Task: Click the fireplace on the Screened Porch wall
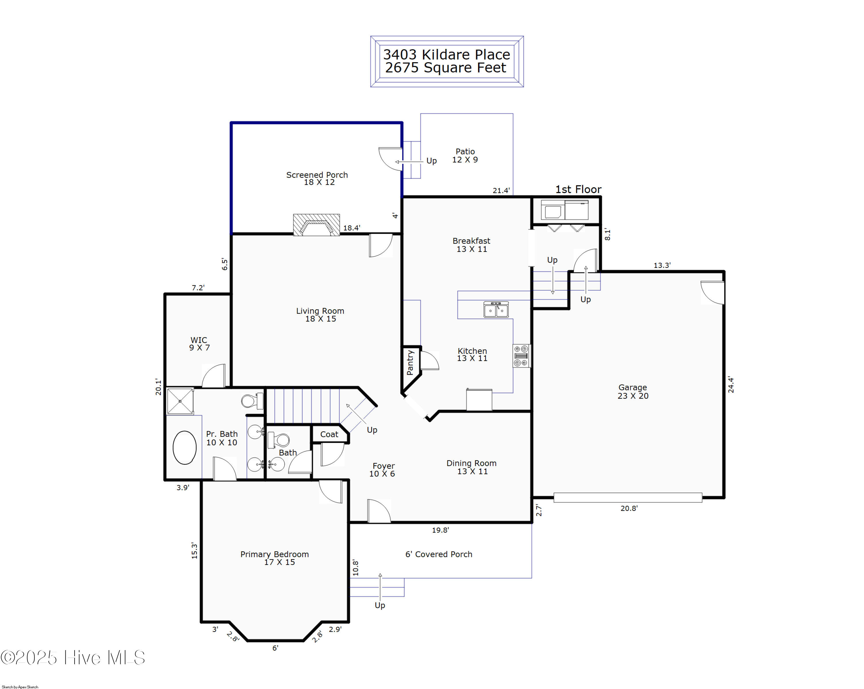316,225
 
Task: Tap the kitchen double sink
496,310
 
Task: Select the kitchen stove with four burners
521,356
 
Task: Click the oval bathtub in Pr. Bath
184,447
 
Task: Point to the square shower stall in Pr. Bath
180,401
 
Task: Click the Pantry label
410,362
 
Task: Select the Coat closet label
329,434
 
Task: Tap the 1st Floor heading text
578,189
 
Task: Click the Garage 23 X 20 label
633,391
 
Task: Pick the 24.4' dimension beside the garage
731,385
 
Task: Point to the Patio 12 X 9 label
465,155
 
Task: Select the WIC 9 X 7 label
199,344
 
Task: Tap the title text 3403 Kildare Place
447,54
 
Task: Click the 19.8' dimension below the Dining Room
440,530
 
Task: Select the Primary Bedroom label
274,558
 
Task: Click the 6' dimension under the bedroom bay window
275,648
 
